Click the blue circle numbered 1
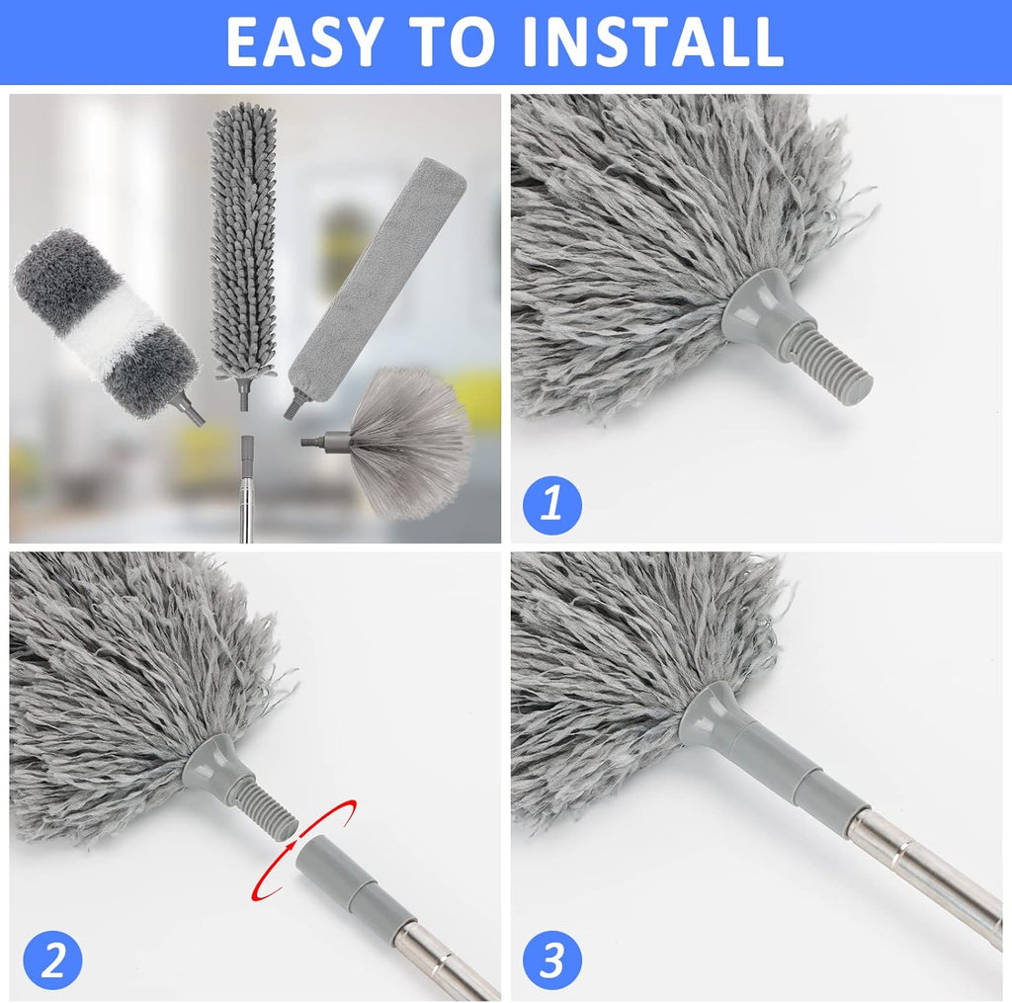pos(552,504)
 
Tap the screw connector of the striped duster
pos(188,406)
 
